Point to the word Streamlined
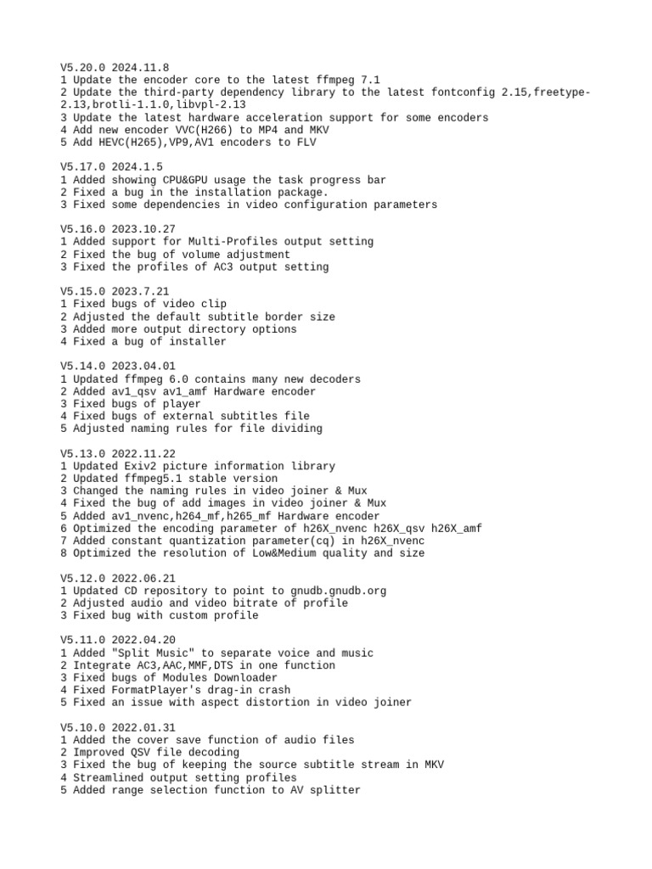click(107, 777)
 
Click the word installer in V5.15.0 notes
click(198, 341)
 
